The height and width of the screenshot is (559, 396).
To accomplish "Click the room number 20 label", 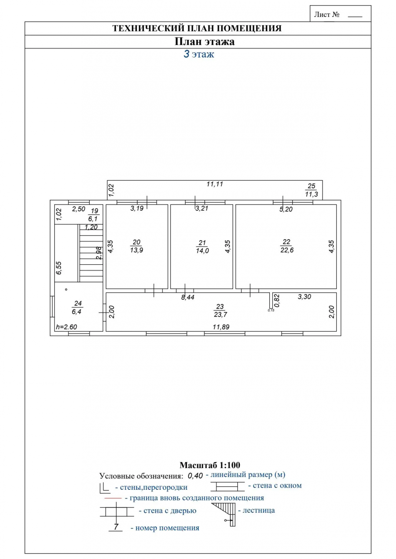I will coord(136,242).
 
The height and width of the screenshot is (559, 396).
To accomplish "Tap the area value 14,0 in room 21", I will coord(202,251).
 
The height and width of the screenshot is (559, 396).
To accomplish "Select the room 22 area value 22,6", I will coord(287,250).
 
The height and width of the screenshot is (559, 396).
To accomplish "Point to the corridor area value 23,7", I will coord(220,315).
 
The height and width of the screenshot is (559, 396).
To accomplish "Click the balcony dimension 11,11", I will coord(214,184).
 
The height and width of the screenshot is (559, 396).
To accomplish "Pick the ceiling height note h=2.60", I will coord(66,327).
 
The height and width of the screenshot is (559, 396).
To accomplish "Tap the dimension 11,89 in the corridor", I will coord(221,327).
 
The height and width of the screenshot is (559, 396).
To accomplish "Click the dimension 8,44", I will coord(188,297).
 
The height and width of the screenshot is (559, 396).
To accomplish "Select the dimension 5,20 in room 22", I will coord(286,210).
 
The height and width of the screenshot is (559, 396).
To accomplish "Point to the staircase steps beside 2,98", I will coord(91,253).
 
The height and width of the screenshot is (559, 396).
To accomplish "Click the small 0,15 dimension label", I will coord(271,310).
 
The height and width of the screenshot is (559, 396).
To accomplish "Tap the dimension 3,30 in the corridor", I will coord(304,297).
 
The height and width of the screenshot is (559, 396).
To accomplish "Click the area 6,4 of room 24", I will coord(77,312).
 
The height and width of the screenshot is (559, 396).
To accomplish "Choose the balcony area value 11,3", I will coord(311,194).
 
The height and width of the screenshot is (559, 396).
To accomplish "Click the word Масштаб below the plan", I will coord(198,465).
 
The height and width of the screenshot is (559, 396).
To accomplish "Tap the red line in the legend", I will coord(113,498).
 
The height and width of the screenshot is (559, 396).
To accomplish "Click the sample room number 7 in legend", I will coord(116,527).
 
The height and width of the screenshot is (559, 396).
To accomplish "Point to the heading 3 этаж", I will coord(199,54).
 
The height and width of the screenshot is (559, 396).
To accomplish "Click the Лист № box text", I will coord(327,15).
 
